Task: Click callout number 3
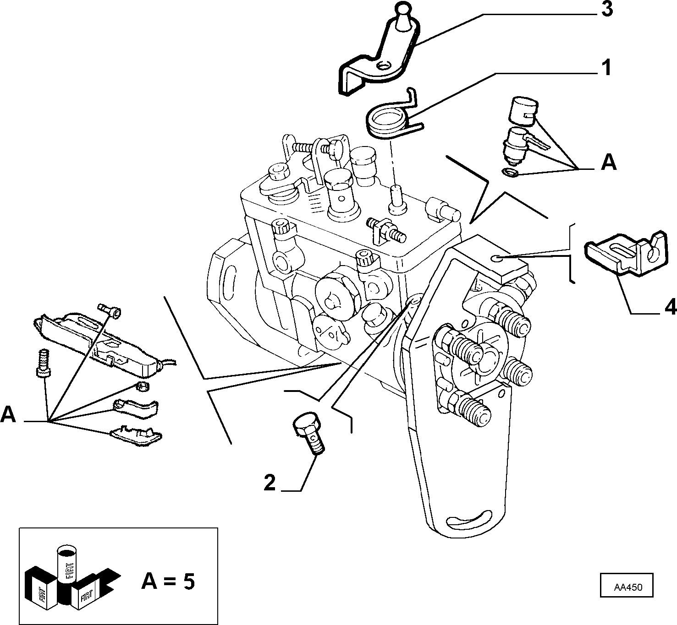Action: (607, 10)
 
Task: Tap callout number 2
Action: (270, 483)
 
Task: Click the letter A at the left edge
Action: (8, 414)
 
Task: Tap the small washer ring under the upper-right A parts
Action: (510, 172)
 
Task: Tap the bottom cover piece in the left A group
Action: (136, 435)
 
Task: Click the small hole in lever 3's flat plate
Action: (384, 65)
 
